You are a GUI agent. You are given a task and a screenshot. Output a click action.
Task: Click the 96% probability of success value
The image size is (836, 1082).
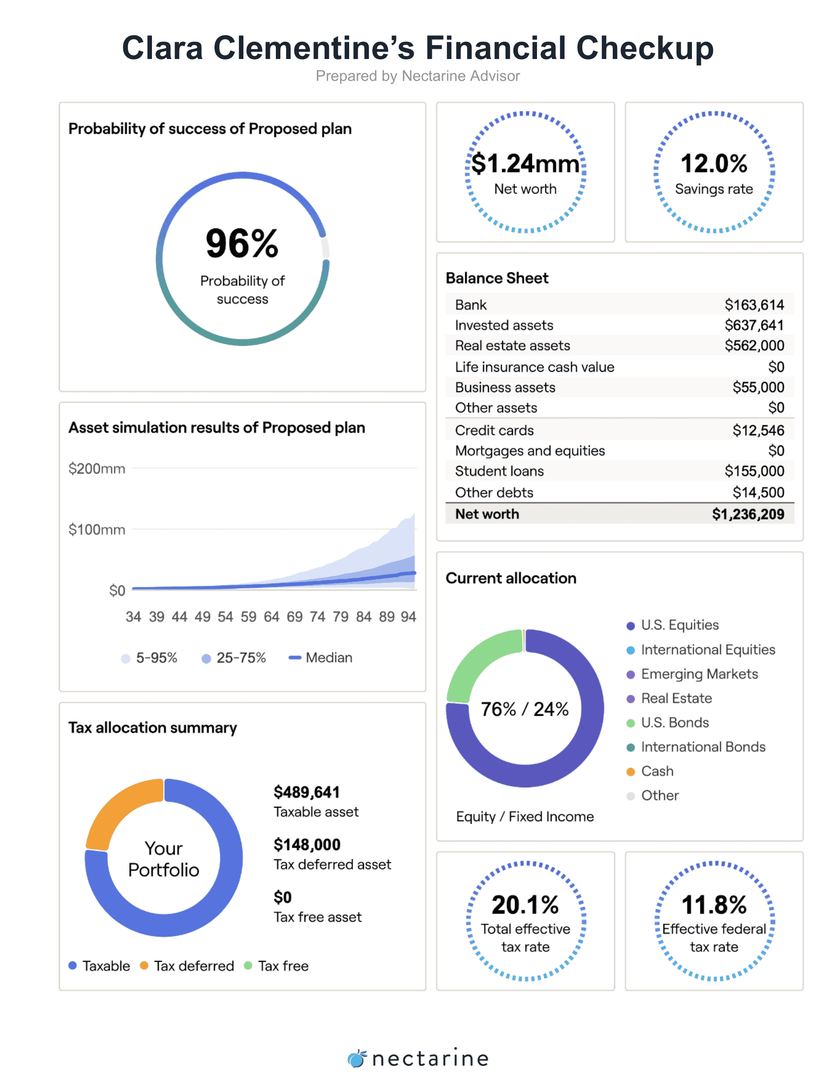(x=242, y=243)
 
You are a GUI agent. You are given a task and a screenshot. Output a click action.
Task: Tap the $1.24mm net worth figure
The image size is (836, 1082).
(x=525, y=163)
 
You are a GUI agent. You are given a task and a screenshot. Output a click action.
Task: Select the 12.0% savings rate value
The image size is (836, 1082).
(x=714, y=163)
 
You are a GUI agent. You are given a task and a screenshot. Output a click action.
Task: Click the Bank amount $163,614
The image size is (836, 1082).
(x=754, y=305)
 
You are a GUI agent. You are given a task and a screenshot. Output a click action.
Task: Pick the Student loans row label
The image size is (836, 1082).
(x=499, y=471)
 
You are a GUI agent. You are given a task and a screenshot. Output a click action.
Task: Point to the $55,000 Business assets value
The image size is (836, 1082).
(x=758, y=388)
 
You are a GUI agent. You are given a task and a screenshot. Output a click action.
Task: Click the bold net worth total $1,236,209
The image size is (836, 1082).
(x=748, y=514)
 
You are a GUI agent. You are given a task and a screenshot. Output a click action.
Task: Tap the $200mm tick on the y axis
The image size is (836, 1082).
(x=96, y=469)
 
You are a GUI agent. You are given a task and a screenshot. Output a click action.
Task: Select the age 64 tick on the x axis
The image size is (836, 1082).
(x=271, y=617)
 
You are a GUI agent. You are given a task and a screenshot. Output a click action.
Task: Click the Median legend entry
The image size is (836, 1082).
(x=321, y=658)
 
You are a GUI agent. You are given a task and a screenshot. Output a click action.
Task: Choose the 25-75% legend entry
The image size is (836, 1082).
(x=234, y=658)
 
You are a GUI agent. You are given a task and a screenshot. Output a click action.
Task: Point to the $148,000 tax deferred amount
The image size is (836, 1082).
(x=307, y=844)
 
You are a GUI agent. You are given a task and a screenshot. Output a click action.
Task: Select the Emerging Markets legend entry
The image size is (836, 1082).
(x=692, y=674)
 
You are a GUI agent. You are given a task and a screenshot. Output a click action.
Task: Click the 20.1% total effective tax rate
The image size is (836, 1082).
(x=525, y=904)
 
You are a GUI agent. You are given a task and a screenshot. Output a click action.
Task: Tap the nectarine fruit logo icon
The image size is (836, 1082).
(x=357, y=1058)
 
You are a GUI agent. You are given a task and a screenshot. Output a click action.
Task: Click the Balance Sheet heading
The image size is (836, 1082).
(x=497, y=278)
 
